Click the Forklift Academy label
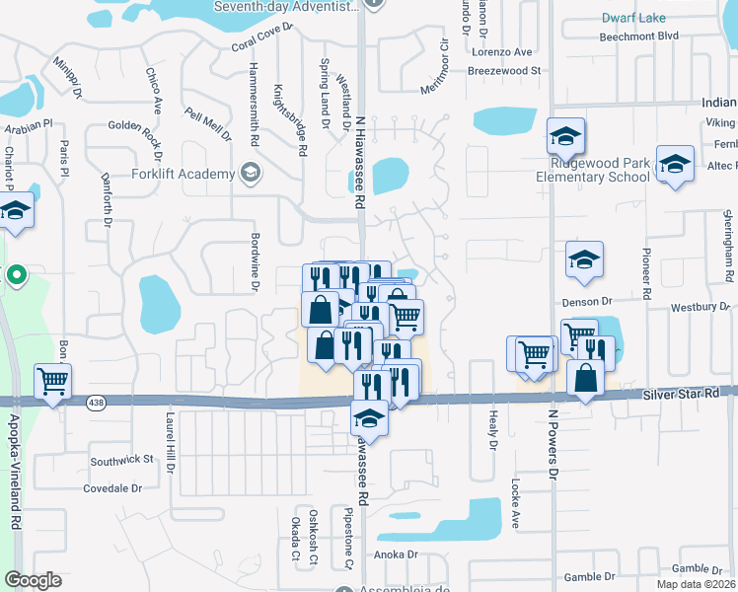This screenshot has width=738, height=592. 184,175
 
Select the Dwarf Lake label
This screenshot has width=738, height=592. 633,18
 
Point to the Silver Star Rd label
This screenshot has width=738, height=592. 682,394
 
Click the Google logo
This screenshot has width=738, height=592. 33,580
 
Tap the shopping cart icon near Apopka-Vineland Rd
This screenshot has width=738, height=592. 53,381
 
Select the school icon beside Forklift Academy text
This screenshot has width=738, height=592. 251,175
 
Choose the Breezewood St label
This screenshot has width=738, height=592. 505,71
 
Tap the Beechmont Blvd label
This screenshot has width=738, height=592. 639,36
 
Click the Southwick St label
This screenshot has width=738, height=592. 122,460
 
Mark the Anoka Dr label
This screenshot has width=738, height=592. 396,554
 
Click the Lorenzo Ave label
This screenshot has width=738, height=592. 502,51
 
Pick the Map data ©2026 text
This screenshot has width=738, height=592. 697,584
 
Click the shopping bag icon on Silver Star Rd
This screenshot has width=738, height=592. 586,379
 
